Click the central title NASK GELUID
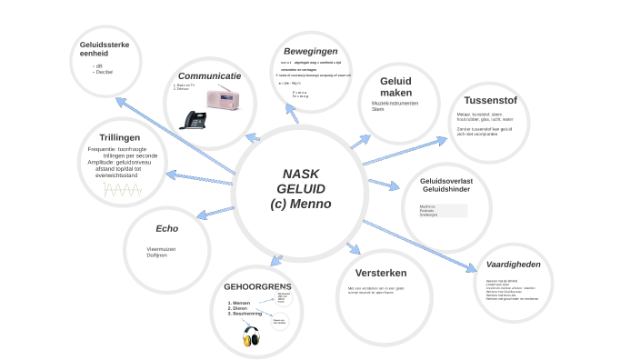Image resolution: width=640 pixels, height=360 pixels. click(x=300, y=188)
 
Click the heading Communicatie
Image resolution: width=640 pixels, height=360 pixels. click(x=209, y=75)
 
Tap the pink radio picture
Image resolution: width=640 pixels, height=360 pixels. click(x=223, y=99)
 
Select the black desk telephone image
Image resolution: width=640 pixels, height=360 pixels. click(x=195, y=119)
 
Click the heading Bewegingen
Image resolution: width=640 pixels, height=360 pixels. click(x=310, y=51)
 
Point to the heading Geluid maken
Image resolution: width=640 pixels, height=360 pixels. click(x=395, y=86)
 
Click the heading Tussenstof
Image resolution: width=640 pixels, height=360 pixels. click(x=490, y=100)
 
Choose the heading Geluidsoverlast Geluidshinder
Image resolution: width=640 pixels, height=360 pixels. click(x=445, y=185)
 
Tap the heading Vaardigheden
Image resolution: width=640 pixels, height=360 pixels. click(x=514, y=265)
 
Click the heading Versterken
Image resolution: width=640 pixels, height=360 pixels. click(x=380, y=273)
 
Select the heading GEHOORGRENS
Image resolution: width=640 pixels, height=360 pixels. click(x=257, y=286)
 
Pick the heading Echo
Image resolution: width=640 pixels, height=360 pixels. click(x=166, y=228)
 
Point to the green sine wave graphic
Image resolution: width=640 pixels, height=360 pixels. click(x=122, y=190)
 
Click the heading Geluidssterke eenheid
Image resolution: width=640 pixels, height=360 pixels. click(x=105, y=48)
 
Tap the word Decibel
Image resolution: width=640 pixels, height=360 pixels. click(x=104, y=71)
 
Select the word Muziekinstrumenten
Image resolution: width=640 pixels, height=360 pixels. click(x=395, y=103)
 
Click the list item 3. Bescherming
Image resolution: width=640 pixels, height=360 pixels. click(x=245, y=314)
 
